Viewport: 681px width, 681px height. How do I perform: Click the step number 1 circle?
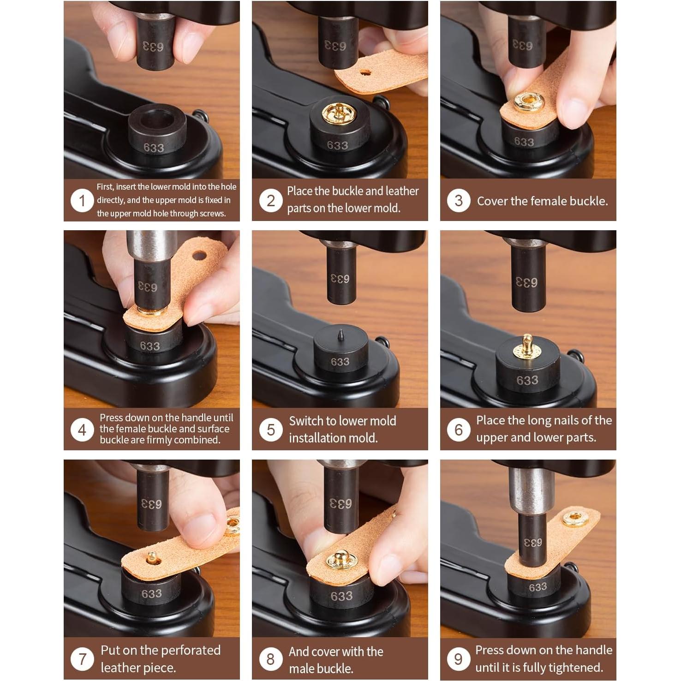click(x=82, y=201)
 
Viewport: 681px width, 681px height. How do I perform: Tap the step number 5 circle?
click(x=270, y=430)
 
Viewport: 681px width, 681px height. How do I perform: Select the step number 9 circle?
click(x=458, y=659)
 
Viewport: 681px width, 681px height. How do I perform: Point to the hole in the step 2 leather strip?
click(x=365, y=72)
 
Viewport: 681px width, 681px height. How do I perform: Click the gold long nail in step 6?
click(x=527, y=346)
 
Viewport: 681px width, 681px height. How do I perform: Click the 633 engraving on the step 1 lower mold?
click(x=153, y=148)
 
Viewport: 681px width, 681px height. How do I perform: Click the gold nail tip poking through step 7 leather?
click(x=152, y=557)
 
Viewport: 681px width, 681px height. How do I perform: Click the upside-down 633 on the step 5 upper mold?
click(x=340, y=279)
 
